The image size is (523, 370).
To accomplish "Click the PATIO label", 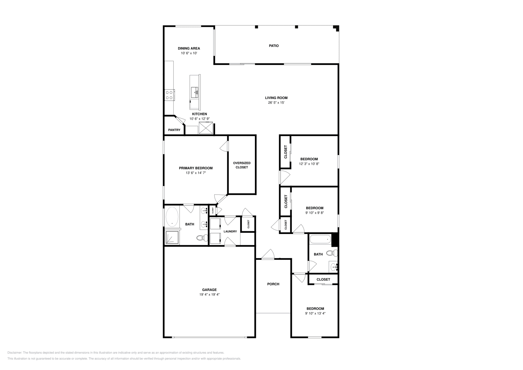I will tap(274, 46).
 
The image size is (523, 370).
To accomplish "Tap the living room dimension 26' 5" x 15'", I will tap(276, 103).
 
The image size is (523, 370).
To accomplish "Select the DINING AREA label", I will tap(189, 48).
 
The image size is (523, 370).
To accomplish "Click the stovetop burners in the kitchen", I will tap(169, 95).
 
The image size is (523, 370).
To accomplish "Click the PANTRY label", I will tap(174, 130).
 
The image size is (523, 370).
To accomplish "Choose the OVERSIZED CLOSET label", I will tap(242, 165).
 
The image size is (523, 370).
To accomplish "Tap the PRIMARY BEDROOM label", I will tap(195, 168).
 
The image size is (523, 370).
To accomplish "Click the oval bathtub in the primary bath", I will tap(172, 217).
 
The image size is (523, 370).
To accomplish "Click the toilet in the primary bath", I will tap(201, 238).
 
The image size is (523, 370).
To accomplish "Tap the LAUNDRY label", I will tap(230, 231).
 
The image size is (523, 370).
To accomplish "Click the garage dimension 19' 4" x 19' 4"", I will tap(209, 294).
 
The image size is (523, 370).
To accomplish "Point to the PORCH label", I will tap(273, 284).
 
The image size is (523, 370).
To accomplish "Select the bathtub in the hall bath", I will tap(320, 239).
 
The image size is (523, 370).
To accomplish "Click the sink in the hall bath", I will tap(334, 267).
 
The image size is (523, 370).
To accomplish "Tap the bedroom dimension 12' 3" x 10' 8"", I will tap(309, 164).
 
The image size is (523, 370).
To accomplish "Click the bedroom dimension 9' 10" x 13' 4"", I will tap(315, 313).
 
